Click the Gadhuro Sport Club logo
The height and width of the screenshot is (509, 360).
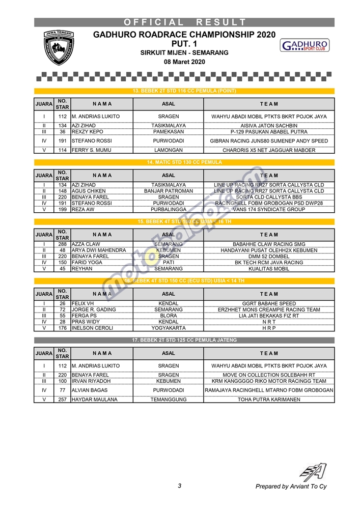(x=304, y=45)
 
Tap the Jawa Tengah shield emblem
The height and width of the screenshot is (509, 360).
(x=59, y=47)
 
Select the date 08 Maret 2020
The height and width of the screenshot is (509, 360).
(x=184, y=62)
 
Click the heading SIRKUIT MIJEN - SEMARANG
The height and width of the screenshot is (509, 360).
(x=184, y=53)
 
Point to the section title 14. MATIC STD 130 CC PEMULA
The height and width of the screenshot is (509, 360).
(x=184, y=162)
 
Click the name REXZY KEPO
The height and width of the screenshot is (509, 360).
(x=87, y=132)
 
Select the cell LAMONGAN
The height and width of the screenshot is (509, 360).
(x=169, y=150)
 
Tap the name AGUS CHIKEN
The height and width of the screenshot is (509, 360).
(x=89, y=191)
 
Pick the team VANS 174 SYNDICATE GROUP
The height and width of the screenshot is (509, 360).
(x=269, y=209)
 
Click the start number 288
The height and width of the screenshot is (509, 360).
(x=62, y=244)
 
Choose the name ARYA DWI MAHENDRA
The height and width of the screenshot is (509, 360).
(x=99, y=250)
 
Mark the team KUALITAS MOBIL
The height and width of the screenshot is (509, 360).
(x=269, y=269)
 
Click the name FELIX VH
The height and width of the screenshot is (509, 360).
(x=83, y=303)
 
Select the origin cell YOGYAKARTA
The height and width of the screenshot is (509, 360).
(x=169, y=328)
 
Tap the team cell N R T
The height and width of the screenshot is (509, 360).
(x=269, y=322)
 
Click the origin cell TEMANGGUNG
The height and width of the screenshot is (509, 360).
(x=169, y=400)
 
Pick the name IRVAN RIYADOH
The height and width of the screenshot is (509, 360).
(x=91, y=381)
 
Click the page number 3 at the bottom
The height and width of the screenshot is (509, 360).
(x=180, y=486)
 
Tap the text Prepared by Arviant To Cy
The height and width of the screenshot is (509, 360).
(x=291, y=487)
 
